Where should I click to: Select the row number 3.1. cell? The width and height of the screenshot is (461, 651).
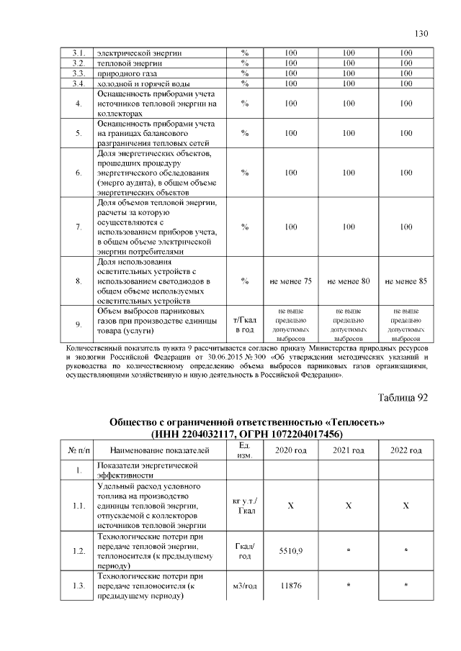tap(79, 53)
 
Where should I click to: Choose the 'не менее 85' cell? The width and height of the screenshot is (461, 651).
tap(406, 281)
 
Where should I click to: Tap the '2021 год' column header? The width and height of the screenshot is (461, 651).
tap(348, 450)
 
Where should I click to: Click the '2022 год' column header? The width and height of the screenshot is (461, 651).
tap(406, 450)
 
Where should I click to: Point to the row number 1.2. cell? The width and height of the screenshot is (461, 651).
tap(79, 550)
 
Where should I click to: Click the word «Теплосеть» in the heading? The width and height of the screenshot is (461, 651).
tap(358, 422)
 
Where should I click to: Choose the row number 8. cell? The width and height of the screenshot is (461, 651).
tap(79, 281)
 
